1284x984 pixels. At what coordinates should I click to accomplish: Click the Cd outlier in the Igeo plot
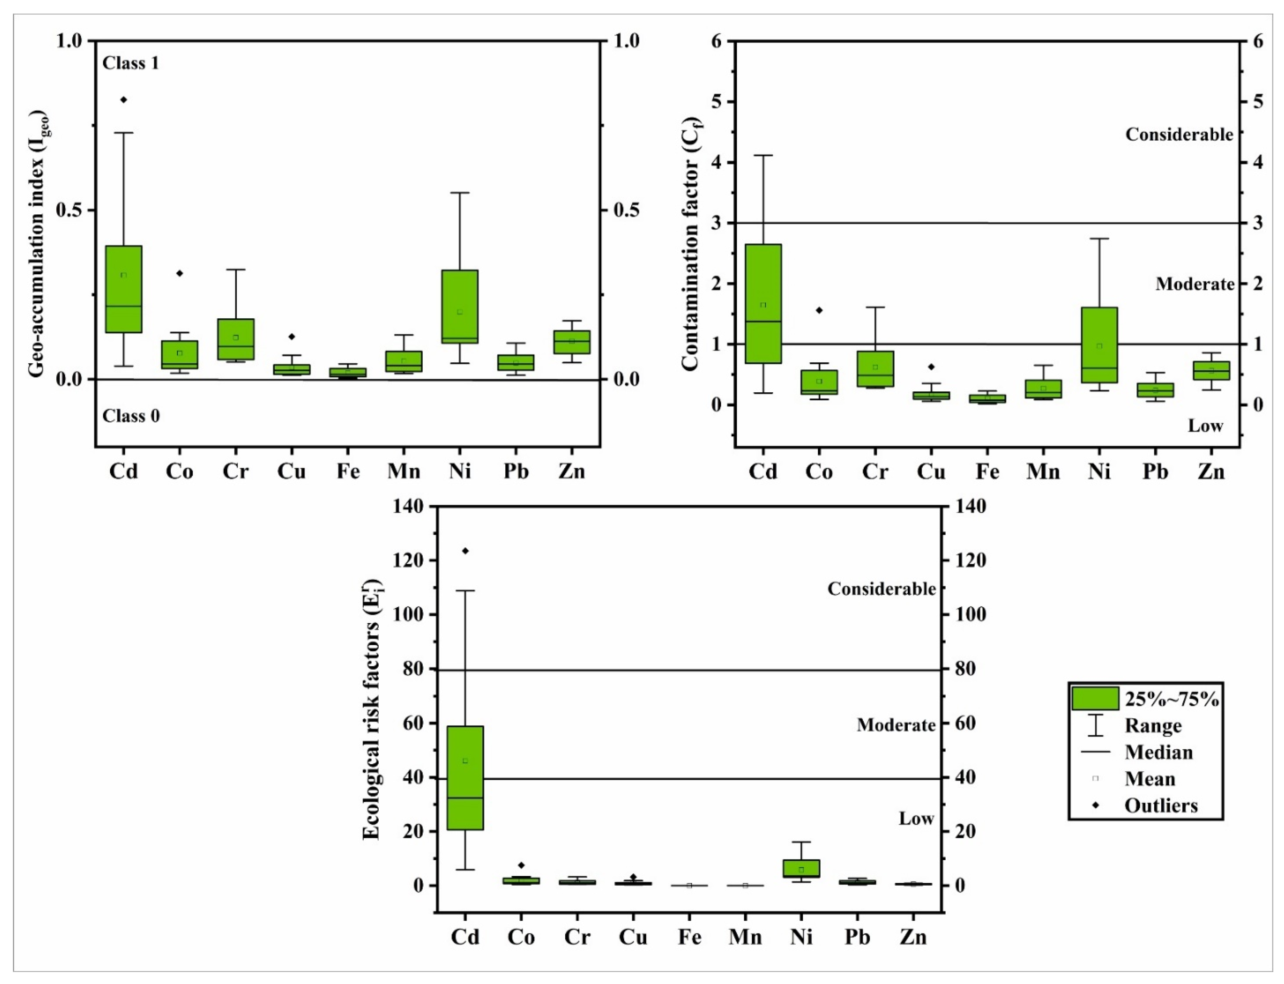tap(124, 100)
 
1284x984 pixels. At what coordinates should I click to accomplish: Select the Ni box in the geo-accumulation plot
tap(460, 306)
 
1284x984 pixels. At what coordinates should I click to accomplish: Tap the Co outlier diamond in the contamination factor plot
tap(819, 311)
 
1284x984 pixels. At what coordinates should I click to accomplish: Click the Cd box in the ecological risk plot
tap(465, 778)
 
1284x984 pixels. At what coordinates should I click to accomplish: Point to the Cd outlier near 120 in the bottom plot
tap(465, 551)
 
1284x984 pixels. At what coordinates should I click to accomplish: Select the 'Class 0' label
tap(131, 416)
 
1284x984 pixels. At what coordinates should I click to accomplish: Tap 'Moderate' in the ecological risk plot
tap(896, 725)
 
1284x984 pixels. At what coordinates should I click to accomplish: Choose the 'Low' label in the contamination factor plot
tap(1205, 426)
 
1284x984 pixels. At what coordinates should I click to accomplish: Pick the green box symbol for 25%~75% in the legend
tap(1095, 698)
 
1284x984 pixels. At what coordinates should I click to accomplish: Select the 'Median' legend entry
tap(1158, 752)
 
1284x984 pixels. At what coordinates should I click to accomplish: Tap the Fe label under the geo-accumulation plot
tap(348, 471)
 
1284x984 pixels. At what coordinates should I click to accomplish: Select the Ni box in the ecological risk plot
tap(801, 868)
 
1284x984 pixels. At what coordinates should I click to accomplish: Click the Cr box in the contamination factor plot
tap(875, 369)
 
